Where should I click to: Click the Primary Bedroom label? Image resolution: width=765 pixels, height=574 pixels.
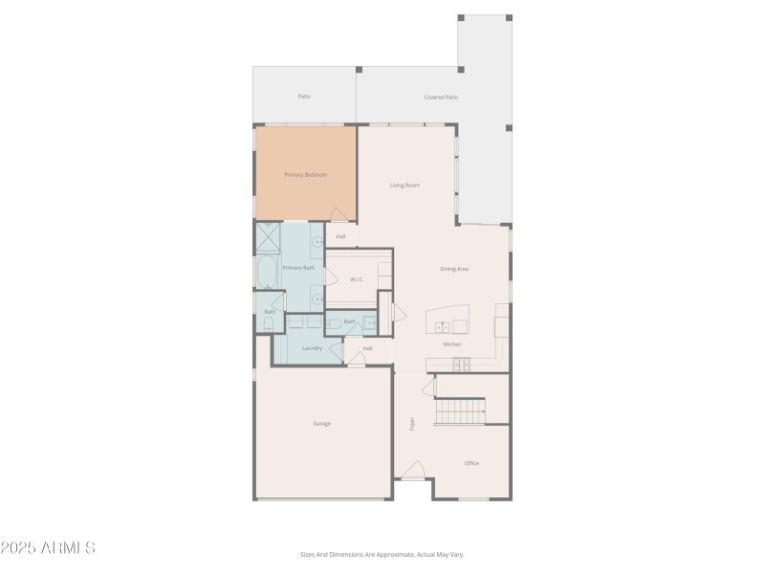[x=306, y=175]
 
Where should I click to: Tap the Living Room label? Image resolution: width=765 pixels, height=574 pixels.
[x=404, y=186]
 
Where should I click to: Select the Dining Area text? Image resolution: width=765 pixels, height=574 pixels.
[x=454, y=269]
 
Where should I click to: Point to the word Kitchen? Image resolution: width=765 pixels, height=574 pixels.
[x=452, y=344]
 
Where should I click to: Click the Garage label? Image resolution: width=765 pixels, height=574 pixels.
[x=322, y=423]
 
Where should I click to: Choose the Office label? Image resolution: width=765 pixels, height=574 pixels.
[x=471, y=463]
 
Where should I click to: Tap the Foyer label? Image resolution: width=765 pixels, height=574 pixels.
[x=412, y=423]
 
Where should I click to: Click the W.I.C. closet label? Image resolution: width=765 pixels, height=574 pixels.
[x=356, y=279]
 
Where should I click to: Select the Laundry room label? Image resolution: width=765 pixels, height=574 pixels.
[x=312, y=348]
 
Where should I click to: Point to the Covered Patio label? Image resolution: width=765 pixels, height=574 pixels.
[x=441, y=97]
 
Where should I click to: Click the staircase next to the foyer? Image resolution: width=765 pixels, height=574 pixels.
[x=462, y=412]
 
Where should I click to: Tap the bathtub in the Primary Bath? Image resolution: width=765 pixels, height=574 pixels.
[x=267, y=273]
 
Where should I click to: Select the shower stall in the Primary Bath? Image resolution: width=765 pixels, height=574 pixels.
[x=268, y=237]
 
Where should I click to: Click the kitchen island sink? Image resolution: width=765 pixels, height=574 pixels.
[x=442, y=327]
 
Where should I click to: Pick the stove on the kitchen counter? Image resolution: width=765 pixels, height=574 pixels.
[x=461, y=364]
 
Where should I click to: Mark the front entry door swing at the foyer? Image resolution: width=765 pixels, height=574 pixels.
[x=412, y=471]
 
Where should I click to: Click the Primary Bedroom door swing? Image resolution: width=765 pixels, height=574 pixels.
[x=339, y=215]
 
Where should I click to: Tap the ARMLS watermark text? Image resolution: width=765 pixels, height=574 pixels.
[x=48, y=548]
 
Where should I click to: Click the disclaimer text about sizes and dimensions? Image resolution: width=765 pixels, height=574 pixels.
[x=382, y=554]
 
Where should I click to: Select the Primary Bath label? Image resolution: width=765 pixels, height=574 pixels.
[x=298, y=268]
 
